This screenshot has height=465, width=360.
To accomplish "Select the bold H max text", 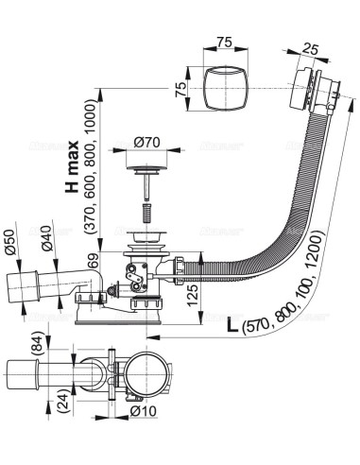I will pos(72,166).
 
